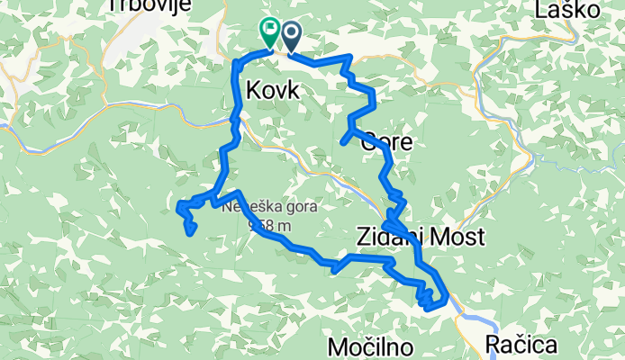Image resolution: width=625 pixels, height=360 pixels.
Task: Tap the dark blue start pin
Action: coord(292,35)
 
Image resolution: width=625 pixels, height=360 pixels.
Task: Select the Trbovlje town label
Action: coord(140,6)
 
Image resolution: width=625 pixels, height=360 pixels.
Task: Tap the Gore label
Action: coord(387,141)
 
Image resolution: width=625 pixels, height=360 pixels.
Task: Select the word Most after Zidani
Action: coord(461,237)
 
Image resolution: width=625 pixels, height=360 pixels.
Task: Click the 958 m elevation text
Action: coord(267,224)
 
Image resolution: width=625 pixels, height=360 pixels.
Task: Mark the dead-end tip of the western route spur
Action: coord(191,233)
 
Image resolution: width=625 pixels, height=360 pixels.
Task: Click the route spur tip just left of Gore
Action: coord(343,140)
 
